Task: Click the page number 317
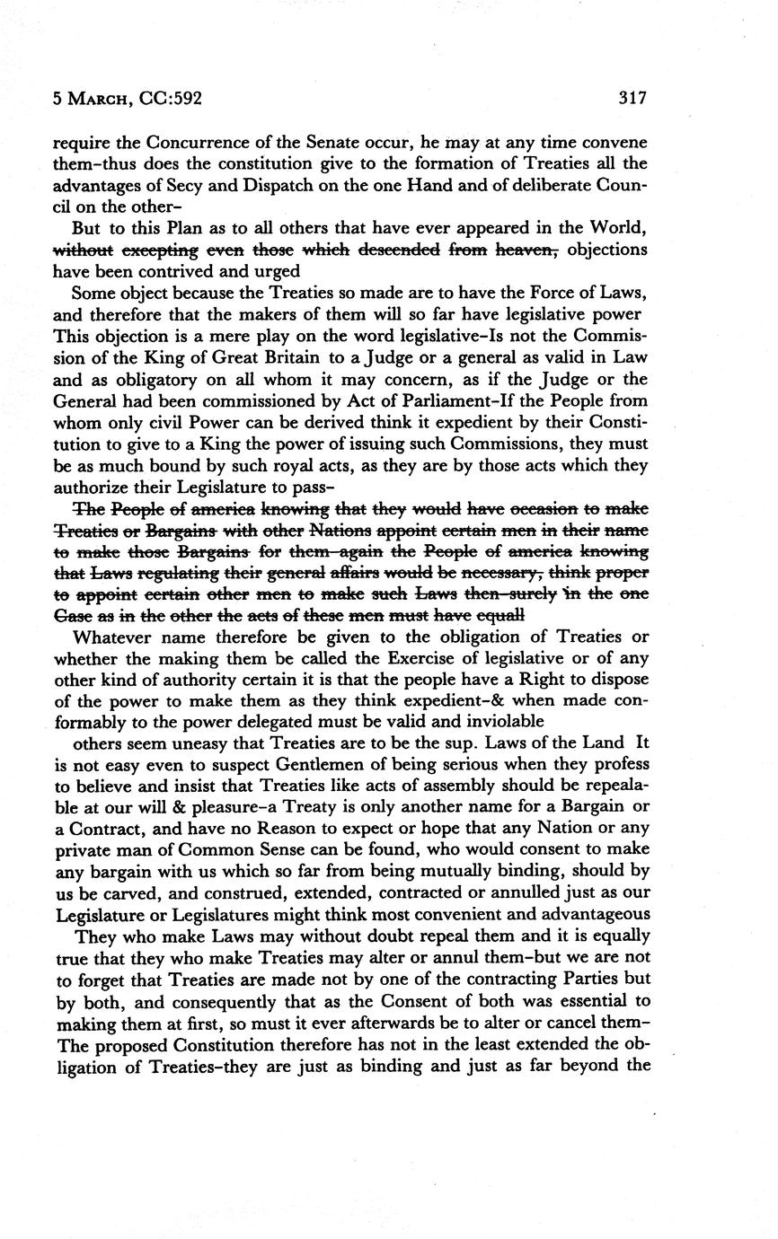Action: tap(632, 99)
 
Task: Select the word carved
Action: tap(122, 893)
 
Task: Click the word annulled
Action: tap(533, 893)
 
